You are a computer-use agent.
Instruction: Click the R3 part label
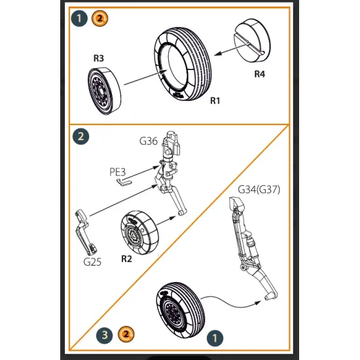[x=98, y=58]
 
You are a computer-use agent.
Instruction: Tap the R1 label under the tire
[x=215, y=100]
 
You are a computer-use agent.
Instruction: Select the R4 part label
[x=261, y=73]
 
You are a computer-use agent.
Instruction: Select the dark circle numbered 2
[x=81, y=137]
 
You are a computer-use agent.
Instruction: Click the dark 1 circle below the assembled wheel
[x=212, y=337]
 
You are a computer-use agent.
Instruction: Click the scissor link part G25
[x=86, y=229]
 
